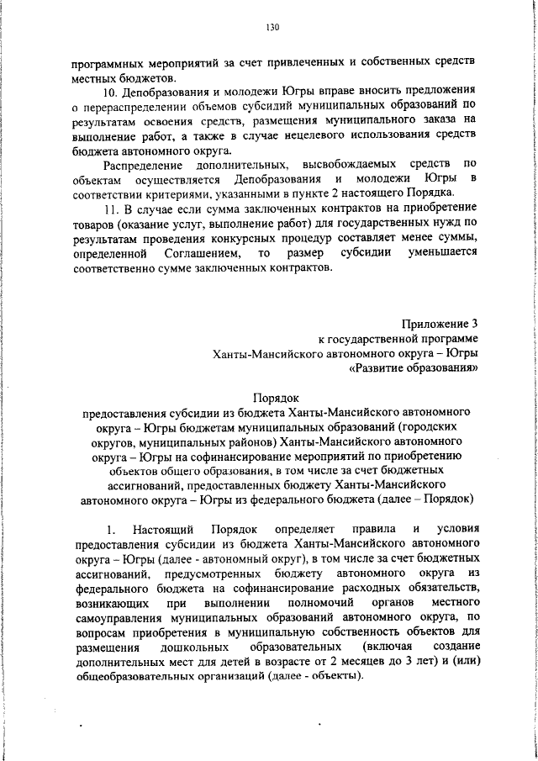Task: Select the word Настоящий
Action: point(162,529)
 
